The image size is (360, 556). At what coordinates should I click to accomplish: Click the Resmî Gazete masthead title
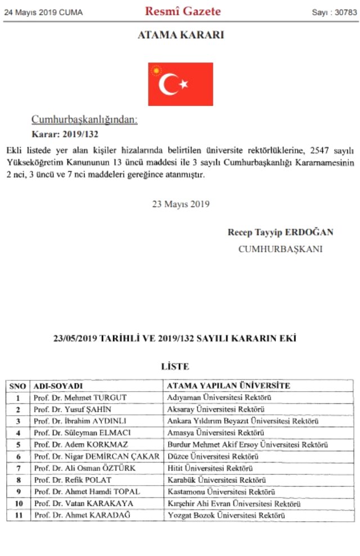pos(183,11)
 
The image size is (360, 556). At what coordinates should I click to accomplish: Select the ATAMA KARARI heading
pos(181,35)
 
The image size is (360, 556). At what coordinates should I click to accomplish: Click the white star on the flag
pos(183,84)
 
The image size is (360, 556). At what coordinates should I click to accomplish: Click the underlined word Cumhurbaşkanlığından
pos(84,119)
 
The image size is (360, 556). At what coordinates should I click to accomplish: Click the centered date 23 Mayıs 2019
pos(181,204)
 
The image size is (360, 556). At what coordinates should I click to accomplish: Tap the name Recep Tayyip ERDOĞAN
pos(281,232)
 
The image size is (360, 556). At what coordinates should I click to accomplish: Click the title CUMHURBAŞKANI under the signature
pos(281,249)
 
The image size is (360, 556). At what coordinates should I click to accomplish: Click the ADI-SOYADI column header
pos(58,386)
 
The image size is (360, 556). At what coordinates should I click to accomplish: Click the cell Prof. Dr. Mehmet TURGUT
pos(80,397)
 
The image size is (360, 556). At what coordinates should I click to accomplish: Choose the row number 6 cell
pos(18,456)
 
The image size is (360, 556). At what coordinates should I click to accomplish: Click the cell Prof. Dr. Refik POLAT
pos(73,480)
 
